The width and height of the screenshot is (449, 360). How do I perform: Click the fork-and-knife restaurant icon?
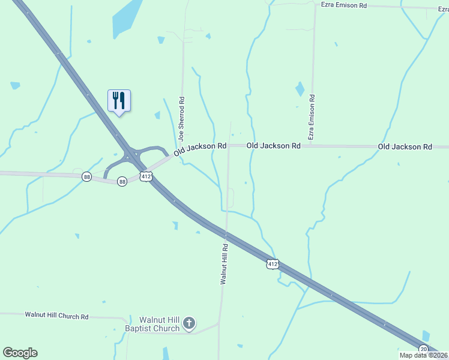(119, 100)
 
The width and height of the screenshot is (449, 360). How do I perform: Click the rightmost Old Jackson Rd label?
(405, 146)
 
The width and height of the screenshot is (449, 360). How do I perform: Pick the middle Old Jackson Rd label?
(273, 146)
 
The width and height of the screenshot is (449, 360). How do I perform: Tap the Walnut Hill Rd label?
(224, 263)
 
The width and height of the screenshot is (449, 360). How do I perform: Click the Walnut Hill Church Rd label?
(56, 315)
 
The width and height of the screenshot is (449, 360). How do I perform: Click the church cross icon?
(189, 324)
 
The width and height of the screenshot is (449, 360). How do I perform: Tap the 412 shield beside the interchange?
(146, 176)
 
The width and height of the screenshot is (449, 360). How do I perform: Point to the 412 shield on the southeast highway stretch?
(273, 263)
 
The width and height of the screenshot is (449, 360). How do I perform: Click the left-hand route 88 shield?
(87, 176)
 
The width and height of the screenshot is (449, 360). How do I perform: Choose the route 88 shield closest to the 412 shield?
(122, 181)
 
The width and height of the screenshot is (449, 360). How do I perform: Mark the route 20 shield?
(424, 349)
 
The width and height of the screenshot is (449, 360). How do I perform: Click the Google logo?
(20, 353)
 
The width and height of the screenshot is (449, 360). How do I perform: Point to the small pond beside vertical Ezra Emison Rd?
(300, 89)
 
